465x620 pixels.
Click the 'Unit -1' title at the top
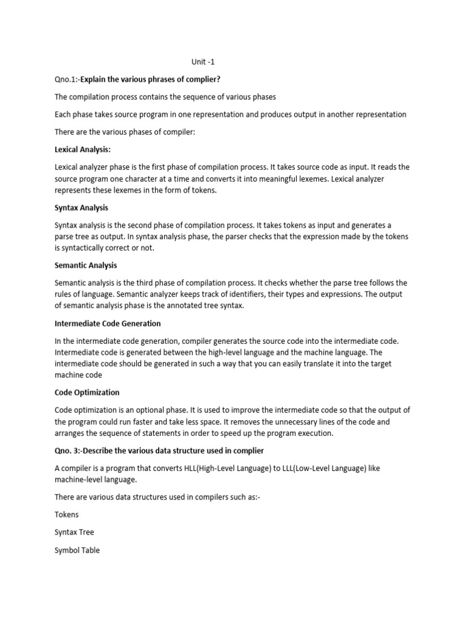203,61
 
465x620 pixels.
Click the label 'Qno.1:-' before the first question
67,79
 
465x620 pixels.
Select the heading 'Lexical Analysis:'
82,149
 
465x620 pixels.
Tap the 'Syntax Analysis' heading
81,208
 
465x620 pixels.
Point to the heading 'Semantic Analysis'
85,265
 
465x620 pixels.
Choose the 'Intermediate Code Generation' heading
107,323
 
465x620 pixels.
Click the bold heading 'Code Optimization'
87,392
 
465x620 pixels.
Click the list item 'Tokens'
67,515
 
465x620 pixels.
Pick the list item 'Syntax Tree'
74,532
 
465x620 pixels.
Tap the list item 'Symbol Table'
77,550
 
